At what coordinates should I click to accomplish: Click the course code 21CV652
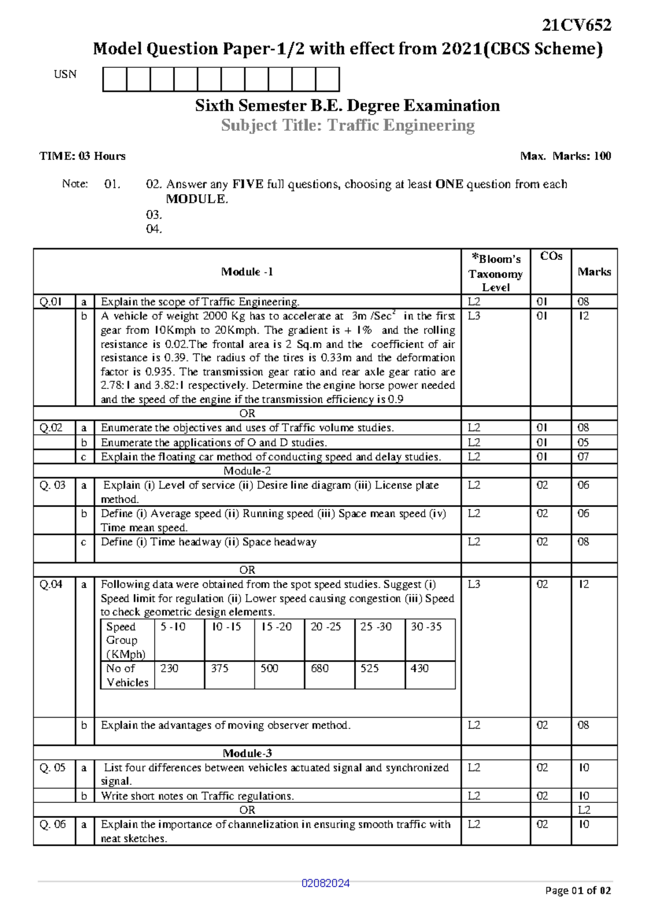coord(577,25)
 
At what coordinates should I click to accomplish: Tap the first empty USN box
coord(114,79)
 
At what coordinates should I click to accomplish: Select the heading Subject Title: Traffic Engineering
coord(348,125)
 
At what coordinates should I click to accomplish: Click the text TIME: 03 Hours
coord(82,156)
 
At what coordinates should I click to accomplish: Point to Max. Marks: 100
coord(565,156)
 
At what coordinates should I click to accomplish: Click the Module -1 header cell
coord(247,272)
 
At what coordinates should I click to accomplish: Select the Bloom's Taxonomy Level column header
coord(495,272)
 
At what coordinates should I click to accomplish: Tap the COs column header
coord(551,257)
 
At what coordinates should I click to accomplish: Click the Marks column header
coord(594,272)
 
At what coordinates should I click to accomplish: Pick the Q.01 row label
coord(51,302)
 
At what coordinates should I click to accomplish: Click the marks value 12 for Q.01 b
coord(584,316)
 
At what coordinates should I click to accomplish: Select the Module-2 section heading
coord(247,471)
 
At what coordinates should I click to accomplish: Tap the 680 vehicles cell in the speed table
coord(320,668)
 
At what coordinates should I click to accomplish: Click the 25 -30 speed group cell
coord(376,627)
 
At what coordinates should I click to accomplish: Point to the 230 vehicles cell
coord(169,668)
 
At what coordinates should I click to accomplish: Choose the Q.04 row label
coord(51,584)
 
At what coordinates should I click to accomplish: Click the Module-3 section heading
coord(247,753)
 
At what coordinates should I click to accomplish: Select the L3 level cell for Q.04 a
coord(474,584)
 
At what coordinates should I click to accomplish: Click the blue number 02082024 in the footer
coord(325,883)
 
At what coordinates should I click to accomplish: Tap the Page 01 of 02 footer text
coord(578,890)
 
